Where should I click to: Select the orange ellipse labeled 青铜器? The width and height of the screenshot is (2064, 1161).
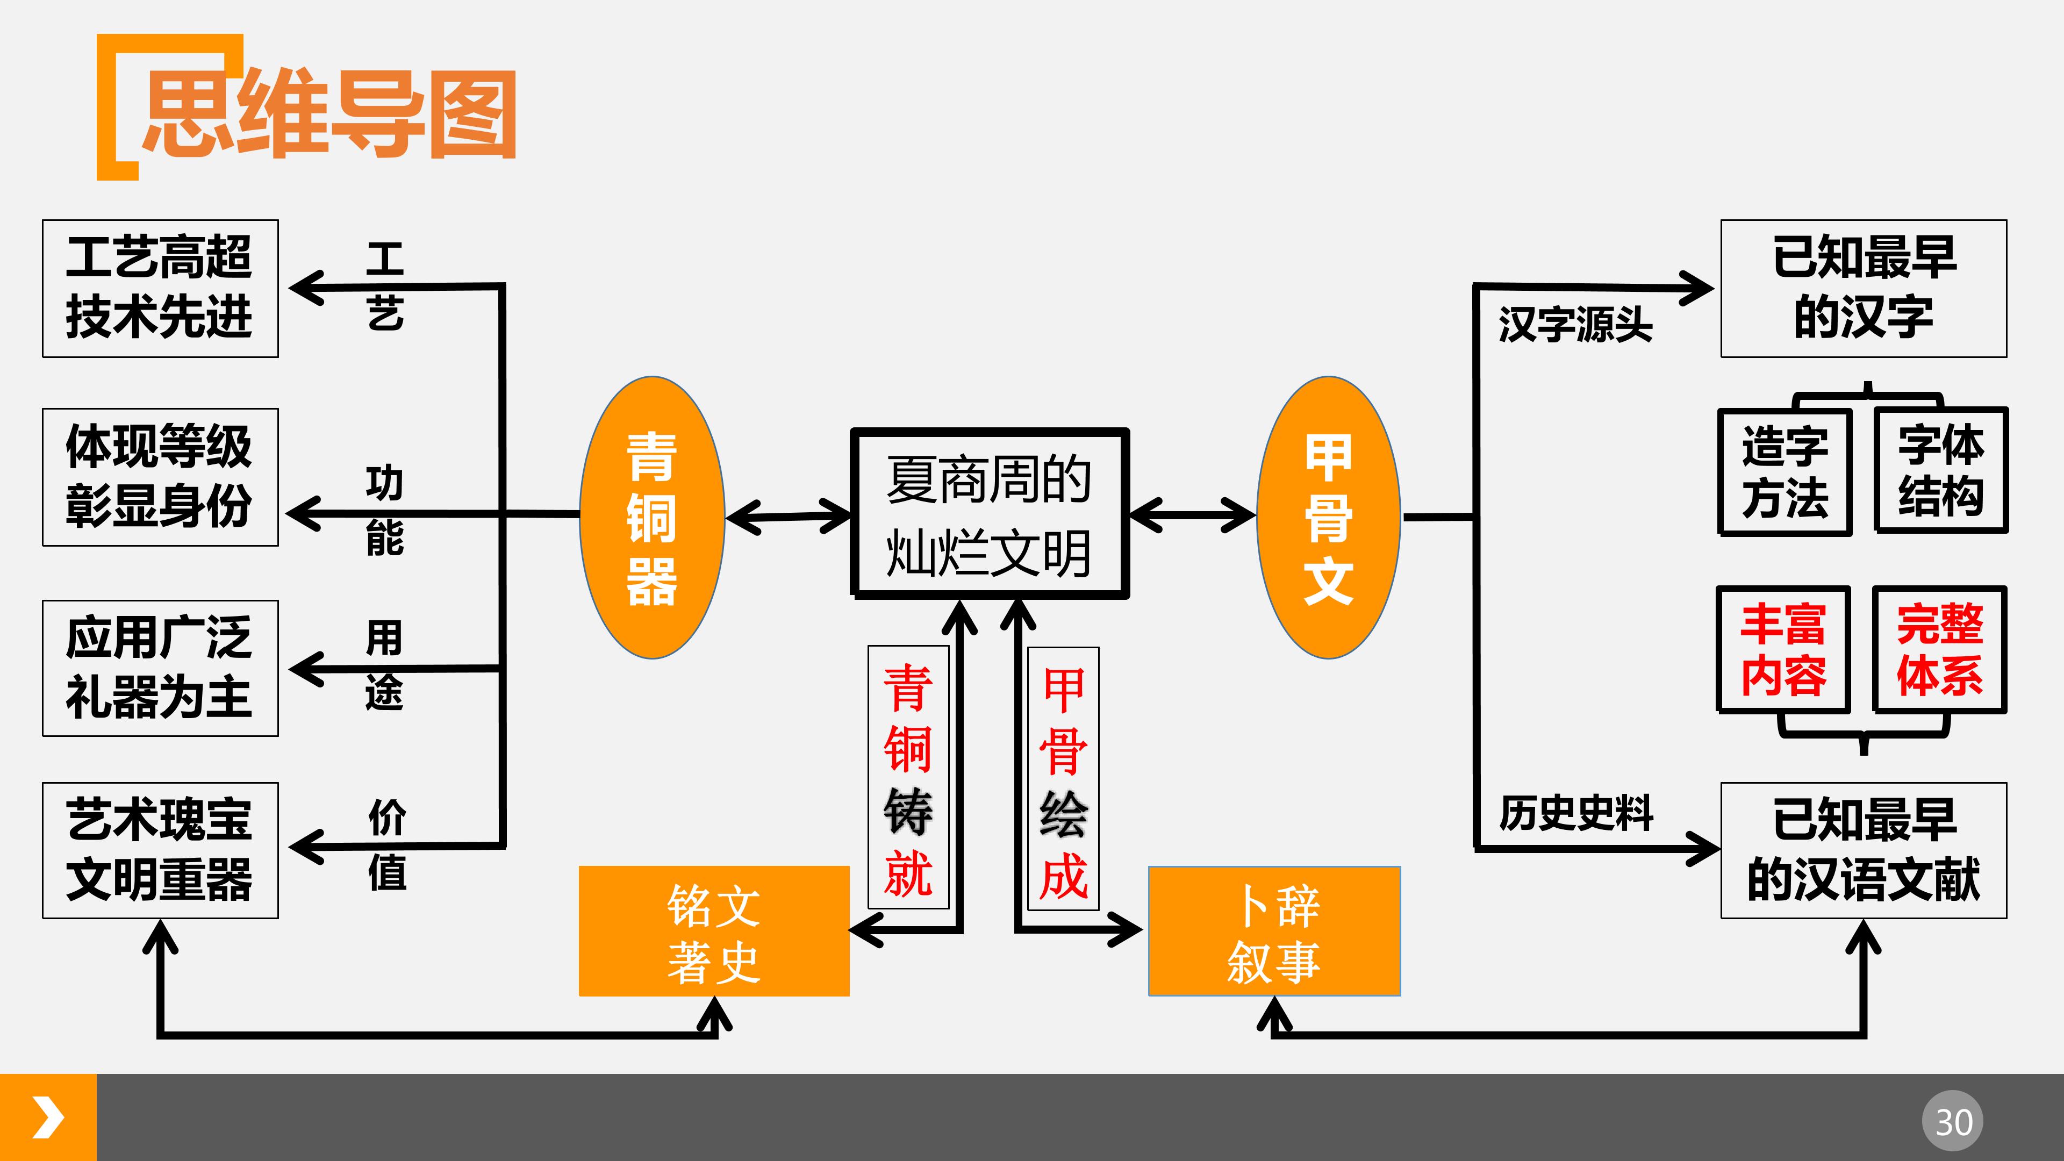pyautogui.click(x=651, y=518)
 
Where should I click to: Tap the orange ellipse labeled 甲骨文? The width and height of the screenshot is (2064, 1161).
pyautogui.click(x=1329, y=518)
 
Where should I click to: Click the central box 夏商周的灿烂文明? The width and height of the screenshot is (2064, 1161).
pyautogui.click(x=990, y=514)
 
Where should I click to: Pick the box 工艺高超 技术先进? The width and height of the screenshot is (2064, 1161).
pyautogui.click(x=160, y=289)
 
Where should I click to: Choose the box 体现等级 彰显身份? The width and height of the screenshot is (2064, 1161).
pyautogui.click(x=160, y=477)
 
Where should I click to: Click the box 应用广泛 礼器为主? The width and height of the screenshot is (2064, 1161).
pyautogui.click(x=160, y=668)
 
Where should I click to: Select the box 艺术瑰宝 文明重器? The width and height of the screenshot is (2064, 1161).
pyautogui.click(x=160, y=850)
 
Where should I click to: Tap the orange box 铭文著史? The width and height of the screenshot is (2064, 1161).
pyautogui.click(x=714, y=931)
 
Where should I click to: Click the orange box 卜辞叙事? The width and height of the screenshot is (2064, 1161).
pyautogui.click(x=1274, y=931)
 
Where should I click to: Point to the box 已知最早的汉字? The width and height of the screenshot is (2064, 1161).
pyautogui.click(x=1864, y=289)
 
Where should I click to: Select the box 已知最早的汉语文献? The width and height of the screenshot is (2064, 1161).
pyautogui.click(x=1864, y=850)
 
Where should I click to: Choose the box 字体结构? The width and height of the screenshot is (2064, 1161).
pyautogui.click(x=1940, y=470)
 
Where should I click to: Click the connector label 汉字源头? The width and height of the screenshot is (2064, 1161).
pyautogui.click(x=1575, y=325)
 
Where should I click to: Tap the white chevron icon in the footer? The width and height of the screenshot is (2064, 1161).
pyautogui.click(x=48, y=1118)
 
